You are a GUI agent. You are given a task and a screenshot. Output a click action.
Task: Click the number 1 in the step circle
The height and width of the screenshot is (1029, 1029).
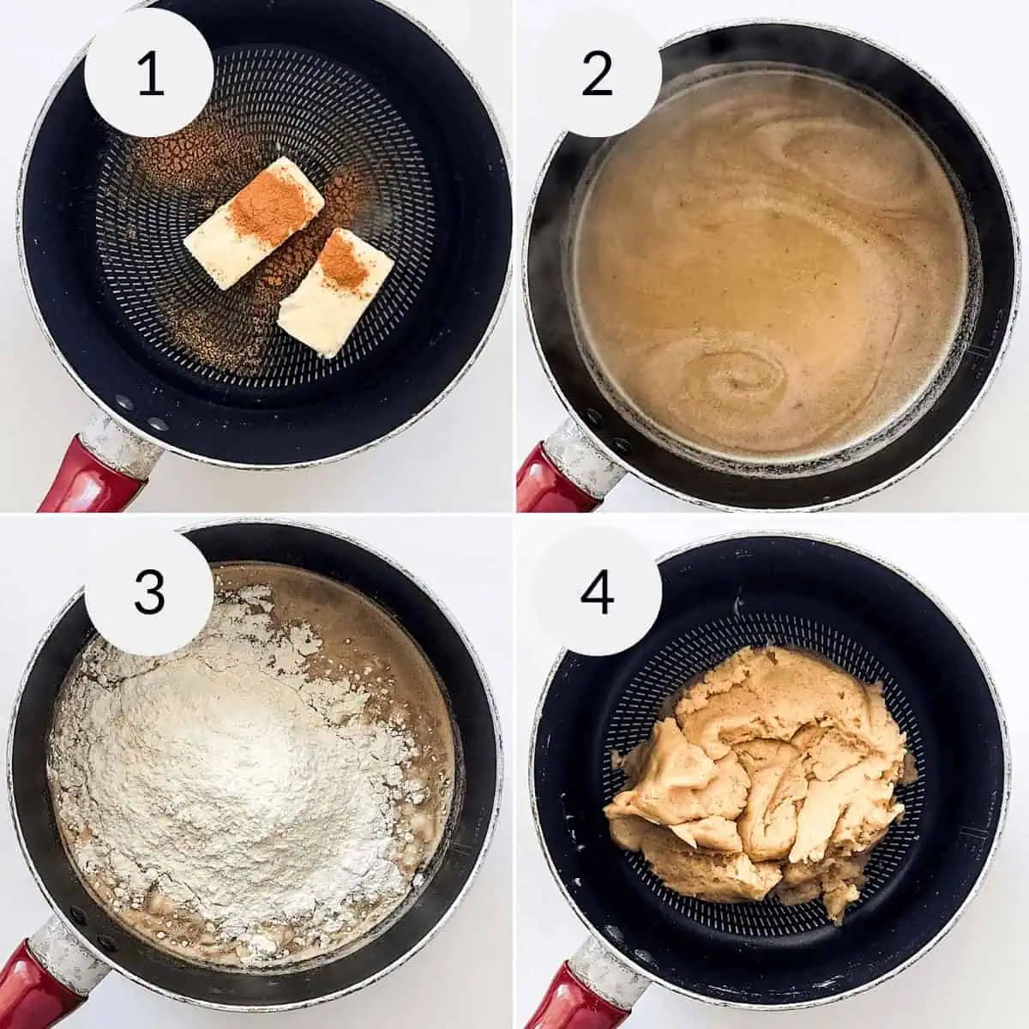149,75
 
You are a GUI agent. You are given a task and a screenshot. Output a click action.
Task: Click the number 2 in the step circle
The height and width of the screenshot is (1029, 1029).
597,75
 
